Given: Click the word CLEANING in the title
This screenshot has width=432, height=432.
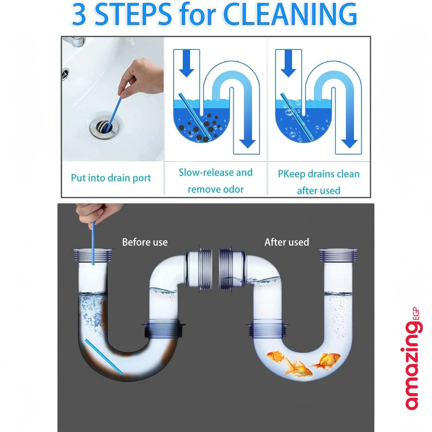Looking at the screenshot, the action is pos(290,14).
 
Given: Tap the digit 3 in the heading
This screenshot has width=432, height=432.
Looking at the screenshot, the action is pos(79,14).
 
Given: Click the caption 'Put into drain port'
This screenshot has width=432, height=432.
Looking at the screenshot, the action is pos(111,178).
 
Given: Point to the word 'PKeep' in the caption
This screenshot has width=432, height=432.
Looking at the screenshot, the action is pos(291,174).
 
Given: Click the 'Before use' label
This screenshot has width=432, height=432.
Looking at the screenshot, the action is pos(145,242).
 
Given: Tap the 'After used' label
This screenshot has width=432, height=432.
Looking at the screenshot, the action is pos(287,242).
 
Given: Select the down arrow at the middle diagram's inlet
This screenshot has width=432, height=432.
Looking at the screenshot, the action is pos(186,63).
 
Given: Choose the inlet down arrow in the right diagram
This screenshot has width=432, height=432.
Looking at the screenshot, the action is pos(288,63).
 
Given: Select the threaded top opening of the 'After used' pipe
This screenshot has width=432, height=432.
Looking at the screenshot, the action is pos(338,255).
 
